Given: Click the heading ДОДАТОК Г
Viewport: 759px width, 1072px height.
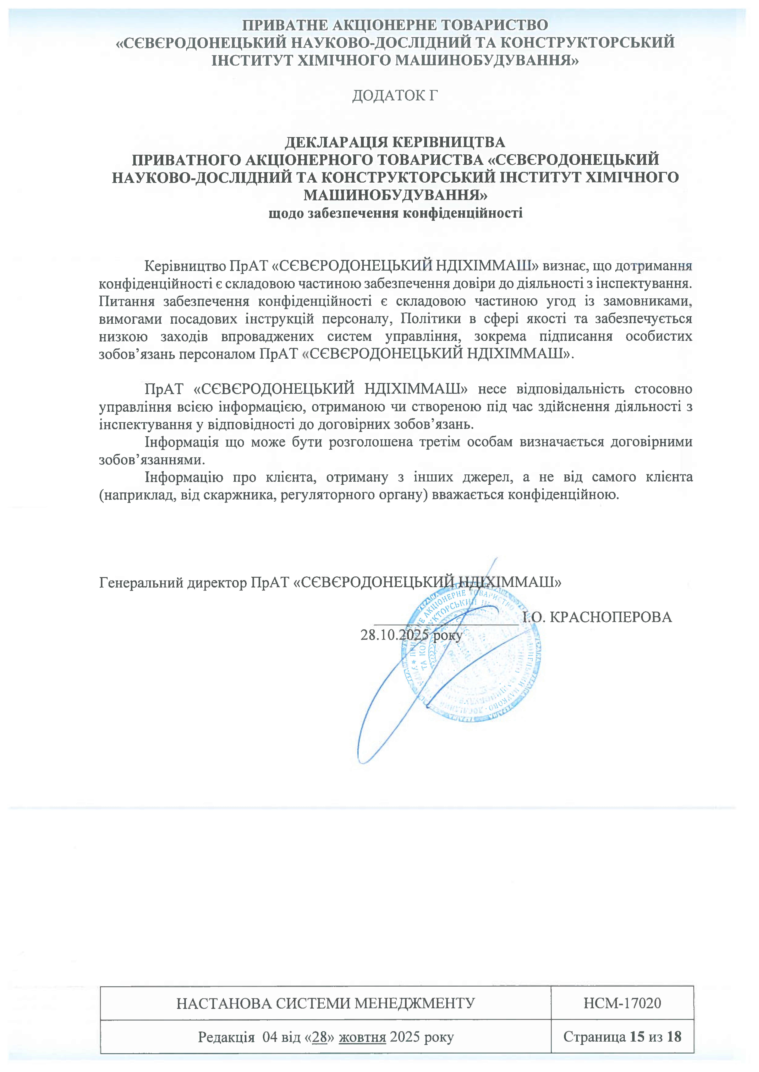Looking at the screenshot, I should (395, 96).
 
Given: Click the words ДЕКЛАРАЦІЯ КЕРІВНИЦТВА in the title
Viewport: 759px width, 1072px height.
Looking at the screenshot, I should (395, 142).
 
